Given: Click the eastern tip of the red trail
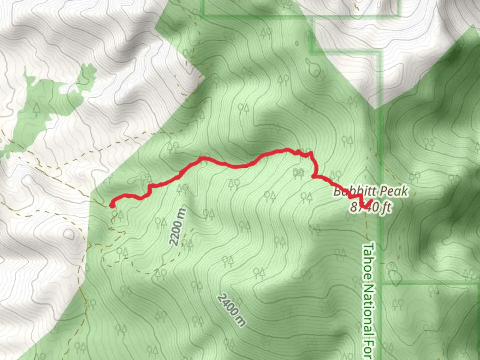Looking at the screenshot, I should pyautogui.click(x=371, y=201).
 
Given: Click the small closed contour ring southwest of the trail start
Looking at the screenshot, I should pyautogui.click(x=69, y=234).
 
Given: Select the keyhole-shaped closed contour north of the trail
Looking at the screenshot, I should pyautogui.click(x=313, y=68).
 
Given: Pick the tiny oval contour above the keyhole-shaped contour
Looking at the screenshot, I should pyautogui.click(x=296, y=43).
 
